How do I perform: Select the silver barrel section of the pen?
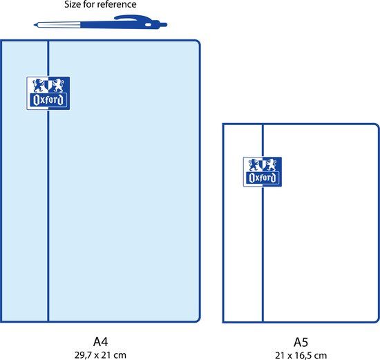click(59, 25)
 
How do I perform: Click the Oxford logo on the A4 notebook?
click(48, 93)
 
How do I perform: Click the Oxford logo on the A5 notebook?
click(263, 171)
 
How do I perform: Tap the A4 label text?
click(100, 341)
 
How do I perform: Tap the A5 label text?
click(301, 342)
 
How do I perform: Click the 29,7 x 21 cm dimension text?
click(100, 355)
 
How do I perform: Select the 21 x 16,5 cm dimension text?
click(301, 355)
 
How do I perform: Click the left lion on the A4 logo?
click(39, 85)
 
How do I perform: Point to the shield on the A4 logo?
click(48, 85)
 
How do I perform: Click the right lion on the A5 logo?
click(272, 165)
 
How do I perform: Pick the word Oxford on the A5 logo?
click(263, 178)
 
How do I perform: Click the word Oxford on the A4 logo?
click(48, 100)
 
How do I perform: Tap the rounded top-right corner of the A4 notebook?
click(197, 44)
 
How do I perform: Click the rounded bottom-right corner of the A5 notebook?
click(376, 319)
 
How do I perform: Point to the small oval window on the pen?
click(148, 25)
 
